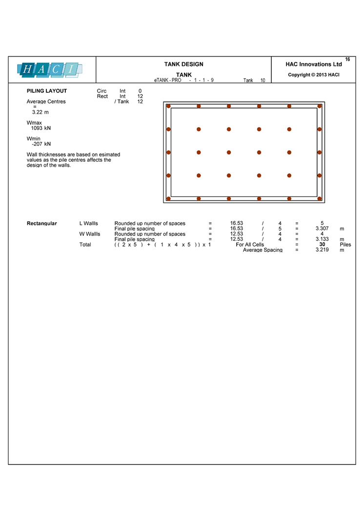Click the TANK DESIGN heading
pyautogui.click(x=183, y=64)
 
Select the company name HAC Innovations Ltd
pyautogui.click(x=314, y=64)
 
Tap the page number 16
pyautogui.click(x=347, y=59)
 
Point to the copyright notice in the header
pyautogui.click(x=314, y=75)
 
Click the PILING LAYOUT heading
pyautogui.click(x=47, y=91)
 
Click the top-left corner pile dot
pyautogui.click(x=168, y=106)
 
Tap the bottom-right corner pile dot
pyautogui.click(x=320, y=198)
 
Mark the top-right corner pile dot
pyautogui.click(x=320, y=106)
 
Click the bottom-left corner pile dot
pyautogui.click(x=168, y=198)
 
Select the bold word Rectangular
pyautogui.click(x=41, y=223)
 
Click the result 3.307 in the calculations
pyautogui.click(x=322, y=228)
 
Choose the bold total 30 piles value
pyautogui.click(x=322, y=244)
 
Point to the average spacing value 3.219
pyautogui.click(x=322, y=250)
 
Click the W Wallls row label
pyautogui.click(x=89, y=234)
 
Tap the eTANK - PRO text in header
pyautogui.click(x=167, y=80)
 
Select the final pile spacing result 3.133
pyautogui.click(x=322, y=239)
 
